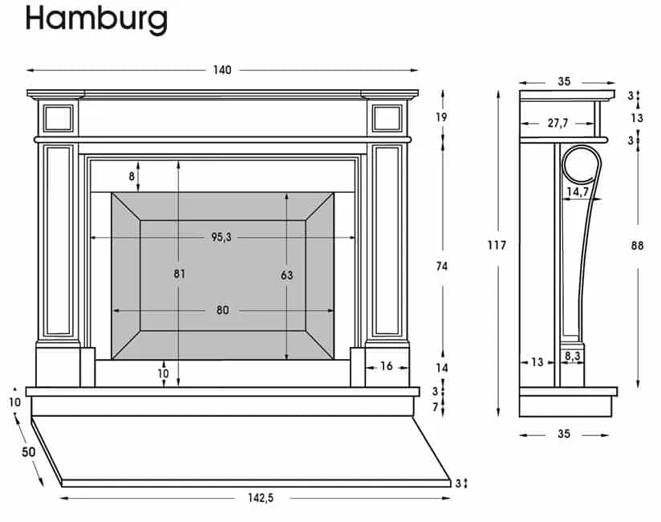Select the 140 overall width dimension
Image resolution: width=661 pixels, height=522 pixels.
[222, 70]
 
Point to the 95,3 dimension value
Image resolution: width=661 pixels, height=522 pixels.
[222, 237]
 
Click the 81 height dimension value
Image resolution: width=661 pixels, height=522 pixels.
[179, 274]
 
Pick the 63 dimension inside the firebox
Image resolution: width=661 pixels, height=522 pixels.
[287, 275]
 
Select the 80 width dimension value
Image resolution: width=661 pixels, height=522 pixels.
[222, 311]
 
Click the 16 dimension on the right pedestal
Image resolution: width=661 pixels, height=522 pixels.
[387, 366]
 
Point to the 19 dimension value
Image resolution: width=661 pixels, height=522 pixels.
[442, 117]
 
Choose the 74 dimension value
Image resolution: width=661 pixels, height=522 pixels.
[442, 266]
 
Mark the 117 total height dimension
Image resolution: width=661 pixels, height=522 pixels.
[497, 245]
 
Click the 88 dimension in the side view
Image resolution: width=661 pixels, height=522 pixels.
[637, 246]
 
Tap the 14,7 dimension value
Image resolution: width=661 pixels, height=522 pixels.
[578, 192]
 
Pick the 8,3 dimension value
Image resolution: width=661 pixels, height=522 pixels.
[572, 354]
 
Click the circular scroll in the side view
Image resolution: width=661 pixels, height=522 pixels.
[581, 166]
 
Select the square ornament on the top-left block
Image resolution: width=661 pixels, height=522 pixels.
[59, 118]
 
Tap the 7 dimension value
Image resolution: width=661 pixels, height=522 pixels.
[435, 408]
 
